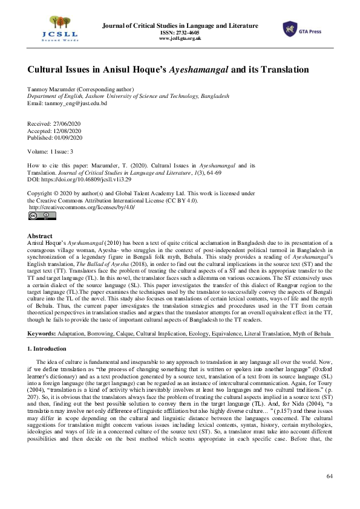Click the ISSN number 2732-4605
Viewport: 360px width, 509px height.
(188, 33)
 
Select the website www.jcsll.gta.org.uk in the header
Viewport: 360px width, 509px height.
(180, 39)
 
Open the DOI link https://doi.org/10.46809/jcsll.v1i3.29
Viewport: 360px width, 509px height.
(85, 180)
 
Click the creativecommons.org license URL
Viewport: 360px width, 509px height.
(82, 207)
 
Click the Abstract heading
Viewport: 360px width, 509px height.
(41, 236)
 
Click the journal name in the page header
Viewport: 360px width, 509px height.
(180, 25)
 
